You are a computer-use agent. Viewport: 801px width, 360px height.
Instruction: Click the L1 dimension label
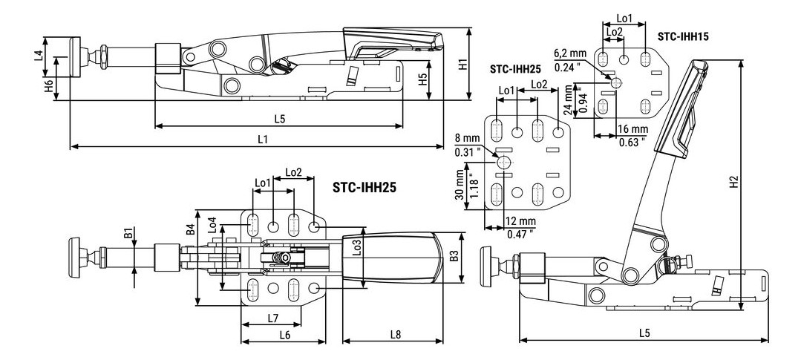[x=262, y=139]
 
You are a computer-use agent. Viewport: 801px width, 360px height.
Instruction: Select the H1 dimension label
[x=462, y=64]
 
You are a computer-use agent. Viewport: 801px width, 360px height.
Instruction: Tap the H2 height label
[x=733, y=181]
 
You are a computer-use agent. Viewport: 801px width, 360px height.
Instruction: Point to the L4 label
[x=38, y=56]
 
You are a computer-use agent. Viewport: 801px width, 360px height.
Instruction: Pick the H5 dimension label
[x=422, y=80]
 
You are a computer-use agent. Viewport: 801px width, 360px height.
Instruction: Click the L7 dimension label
[x=272, y=318]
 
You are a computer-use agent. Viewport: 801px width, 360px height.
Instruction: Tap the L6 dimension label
[x=284, y=335]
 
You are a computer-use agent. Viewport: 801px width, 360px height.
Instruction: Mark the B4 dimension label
[x=190, y=229]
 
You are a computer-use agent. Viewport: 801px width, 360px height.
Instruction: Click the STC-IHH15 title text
[x=681, y=35]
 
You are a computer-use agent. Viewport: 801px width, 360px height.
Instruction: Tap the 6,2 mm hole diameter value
[x=570, y=53]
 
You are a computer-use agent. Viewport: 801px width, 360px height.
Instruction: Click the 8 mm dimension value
[x=467, y=138]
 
